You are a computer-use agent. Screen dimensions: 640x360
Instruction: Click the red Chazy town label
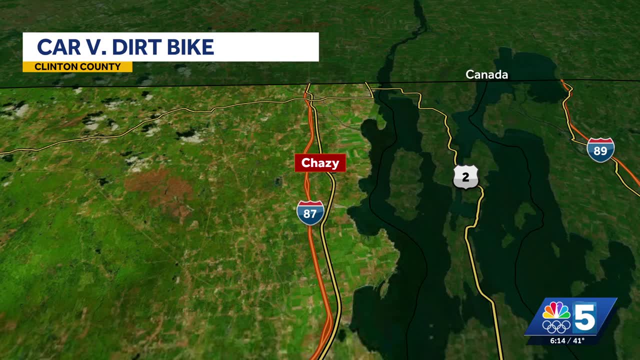pos(320,163)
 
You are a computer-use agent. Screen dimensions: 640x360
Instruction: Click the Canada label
pos(486,74)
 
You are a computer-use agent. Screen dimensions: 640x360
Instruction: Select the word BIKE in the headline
pos(190,47)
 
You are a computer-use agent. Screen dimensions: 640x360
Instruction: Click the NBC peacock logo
pos(556,311)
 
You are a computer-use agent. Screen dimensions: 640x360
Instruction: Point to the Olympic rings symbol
pos(556,326)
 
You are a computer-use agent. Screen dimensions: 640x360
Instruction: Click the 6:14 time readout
pos(557,340)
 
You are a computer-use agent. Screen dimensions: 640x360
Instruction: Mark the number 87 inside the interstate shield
pos(310,214)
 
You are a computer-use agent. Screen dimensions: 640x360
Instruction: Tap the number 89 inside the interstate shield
pos(600,151)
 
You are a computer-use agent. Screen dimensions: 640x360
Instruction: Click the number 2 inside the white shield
pos(466,177)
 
